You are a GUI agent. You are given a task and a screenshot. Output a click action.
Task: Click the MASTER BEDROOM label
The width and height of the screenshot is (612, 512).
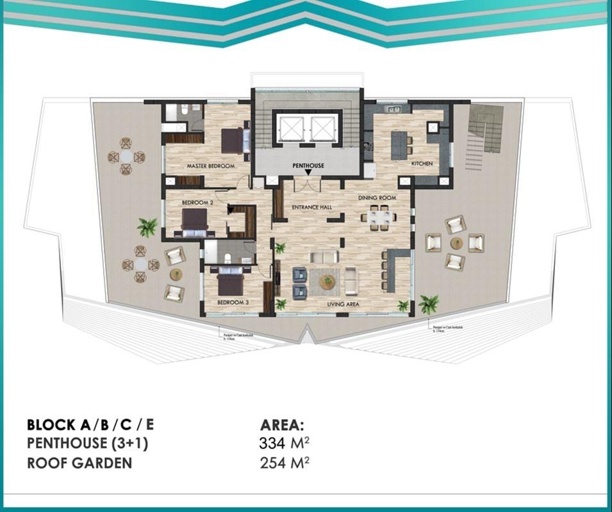click(x=210, y=166)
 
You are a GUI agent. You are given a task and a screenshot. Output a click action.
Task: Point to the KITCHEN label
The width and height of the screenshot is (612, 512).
click(x=422, y=164)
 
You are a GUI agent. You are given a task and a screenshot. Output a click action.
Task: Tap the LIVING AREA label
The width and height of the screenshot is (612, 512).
click(x=342, y=305)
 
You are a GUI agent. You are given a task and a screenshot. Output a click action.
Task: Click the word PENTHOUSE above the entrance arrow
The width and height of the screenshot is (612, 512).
click(x=308, y=165)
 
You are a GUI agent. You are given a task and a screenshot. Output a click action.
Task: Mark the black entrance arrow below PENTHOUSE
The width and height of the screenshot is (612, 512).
click(x=308, y=172)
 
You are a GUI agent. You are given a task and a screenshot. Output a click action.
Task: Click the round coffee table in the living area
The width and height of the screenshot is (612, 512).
click(x=327, y=281)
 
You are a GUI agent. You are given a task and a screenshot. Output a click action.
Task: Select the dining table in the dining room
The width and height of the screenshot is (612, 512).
click(x=378, y=217)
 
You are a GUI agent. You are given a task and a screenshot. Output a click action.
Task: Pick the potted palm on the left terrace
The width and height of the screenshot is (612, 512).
click(x=147, y=226)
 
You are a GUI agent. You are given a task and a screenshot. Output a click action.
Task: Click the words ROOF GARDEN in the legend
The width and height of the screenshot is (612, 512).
click(x=79, y=463)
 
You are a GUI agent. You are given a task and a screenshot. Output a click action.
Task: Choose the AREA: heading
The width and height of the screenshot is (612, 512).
click(x=282, y=425)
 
